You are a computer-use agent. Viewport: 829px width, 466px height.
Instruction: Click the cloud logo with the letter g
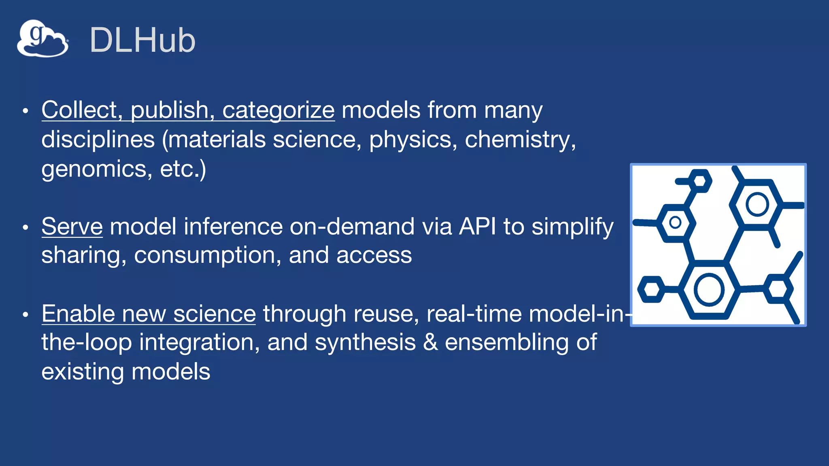click(43, 38)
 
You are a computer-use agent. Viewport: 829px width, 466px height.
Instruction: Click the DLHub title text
click(142, 40)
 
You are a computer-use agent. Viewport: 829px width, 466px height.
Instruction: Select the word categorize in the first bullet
click(278, 110)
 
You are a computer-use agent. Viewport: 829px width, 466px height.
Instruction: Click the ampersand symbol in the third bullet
click(430, 342)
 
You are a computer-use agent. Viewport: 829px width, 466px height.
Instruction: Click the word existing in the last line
click(83, 371)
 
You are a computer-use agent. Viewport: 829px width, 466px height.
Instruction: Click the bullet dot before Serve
click(26, 227)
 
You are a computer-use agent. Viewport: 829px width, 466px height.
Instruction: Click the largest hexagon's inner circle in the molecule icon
click(709, 290)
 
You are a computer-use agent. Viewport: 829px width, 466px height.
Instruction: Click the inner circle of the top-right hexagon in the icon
click(757, 204)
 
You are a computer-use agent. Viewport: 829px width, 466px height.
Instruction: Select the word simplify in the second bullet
click(572, 227)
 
